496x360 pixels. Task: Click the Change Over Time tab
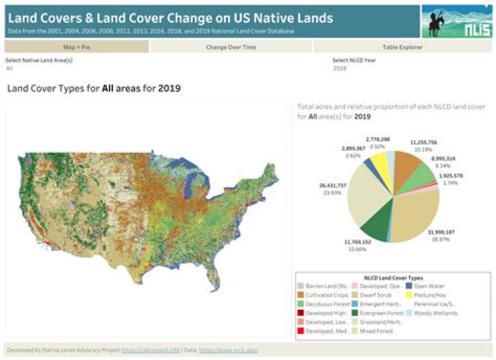[x=231, y=47]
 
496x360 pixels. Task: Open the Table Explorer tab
[x=403, y=47]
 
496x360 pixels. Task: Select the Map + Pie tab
[x=77, y=47]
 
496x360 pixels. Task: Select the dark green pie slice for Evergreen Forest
[x=373, y=224]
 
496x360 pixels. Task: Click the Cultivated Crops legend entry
[x=323, y=294]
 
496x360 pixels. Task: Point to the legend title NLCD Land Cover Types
[x=393, y=275]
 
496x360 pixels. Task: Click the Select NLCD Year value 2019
[x=340, y=68]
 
